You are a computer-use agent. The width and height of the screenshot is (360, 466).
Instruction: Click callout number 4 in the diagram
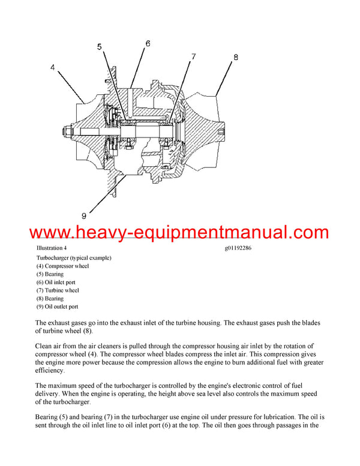53,68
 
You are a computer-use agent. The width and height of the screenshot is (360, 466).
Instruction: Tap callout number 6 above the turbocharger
148,43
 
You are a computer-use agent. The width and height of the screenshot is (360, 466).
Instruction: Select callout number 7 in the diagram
193,56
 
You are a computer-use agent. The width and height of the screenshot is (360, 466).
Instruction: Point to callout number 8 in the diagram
236,58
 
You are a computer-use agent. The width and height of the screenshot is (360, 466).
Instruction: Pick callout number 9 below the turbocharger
83,215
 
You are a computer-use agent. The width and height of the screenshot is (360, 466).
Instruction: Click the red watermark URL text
179,233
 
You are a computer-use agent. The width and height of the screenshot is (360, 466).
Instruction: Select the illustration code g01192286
238,248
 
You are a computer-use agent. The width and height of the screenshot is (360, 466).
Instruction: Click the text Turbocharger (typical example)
74,258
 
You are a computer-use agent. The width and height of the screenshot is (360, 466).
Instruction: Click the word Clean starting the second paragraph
45,346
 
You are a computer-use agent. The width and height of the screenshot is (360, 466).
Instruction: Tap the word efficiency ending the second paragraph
53,371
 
